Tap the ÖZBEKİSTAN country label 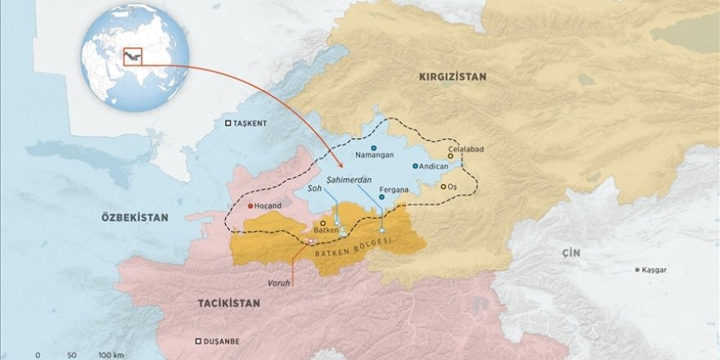[x=134, y=218]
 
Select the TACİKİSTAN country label [x=228, y=303]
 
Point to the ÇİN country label [x=570, y=254]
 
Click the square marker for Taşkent [x=228, y=124]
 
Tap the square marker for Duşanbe [x=198, y=342]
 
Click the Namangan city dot [x=373, y=148]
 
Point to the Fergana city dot [x=381, y=197]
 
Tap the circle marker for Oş [x=443, y=187]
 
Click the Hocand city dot [x=251, y=205]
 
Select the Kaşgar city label [x=655, y=269]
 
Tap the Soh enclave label [x=313, y=187]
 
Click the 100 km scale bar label [x=110, y=355]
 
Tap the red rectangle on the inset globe [x=133, y=56]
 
